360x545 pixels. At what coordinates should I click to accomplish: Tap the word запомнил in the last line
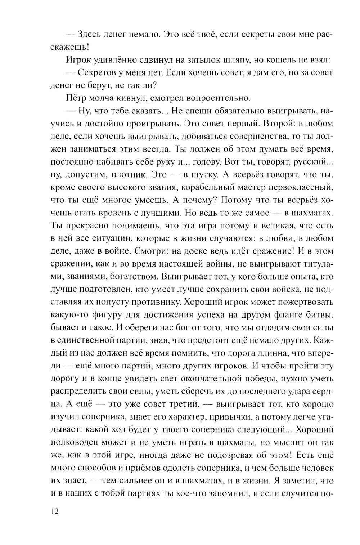point(225,493)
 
